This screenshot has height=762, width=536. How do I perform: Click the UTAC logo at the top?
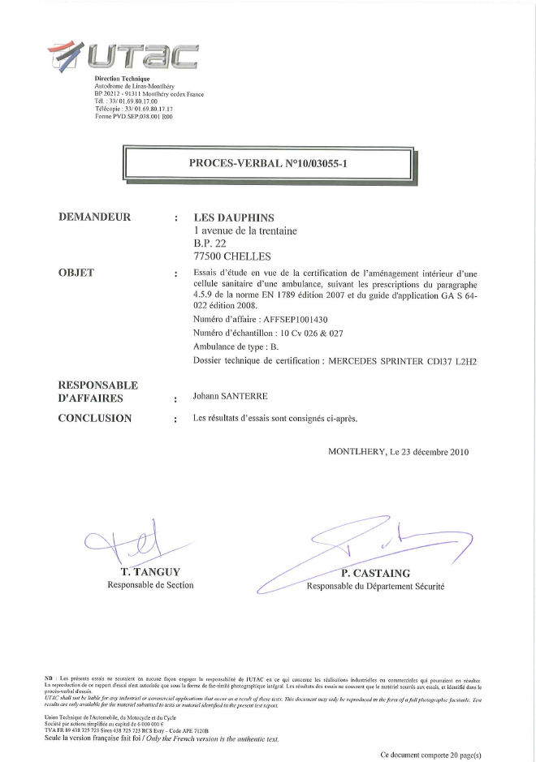[x=123, y=54]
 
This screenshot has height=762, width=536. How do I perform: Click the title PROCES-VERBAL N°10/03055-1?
[x=267, y=163]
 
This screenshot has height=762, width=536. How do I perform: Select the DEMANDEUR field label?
[x=95, y=217]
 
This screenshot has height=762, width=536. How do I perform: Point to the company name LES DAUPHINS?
[x=234, y=217]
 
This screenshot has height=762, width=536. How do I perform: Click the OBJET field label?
[x=76, y=273]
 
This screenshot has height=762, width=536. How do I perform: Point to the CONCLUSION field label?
[x=95, y=418]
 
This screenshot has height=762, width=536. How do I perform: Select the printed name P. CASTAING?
[x=376, y=573]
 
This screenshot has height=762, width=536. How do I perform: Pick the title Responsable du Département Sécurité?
[x=375, y=586]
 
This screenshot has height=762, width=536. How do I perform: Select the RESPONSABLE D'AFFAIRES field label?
[x=98, y=391]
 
